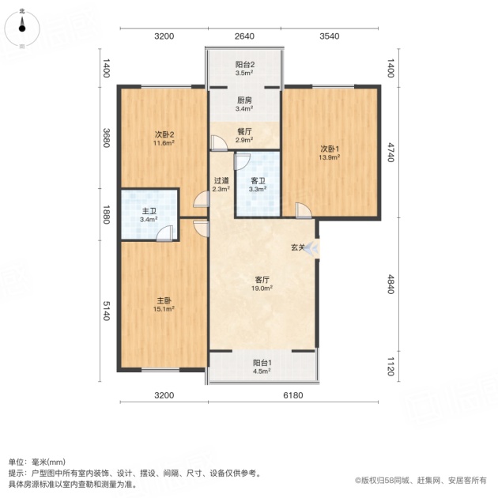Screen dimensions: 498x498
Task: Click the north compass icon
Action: coord(22,28)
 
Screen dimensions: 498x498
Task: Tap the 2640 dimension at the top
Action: coord(244,36)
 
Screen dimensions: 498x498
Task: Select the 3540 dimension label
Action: coord(330,36)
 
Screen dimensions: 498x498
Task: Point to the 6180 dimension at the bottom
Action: coord(293,395)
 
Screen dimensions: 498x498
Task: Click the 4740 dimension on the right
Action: coord(390,153)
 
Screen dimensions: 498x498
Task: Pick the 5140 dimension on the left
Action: coord(107,311)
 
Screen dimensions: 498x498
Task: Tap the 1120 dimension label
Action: coord(390,367)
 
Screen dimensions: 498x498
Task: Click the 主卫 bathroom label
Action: coord(149,211)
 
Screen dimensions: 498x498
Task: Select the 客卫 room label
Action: coord(258,181)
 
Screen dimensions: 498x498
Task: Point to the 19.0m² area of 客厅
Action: coord(263,289)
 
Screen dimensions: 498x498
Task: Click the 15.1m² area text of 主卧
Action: coord(164,309)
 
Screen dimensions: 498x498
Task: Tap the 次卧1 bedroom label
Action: coord(330,149)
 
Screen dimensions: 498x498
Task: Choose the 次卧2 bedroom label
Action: coord(164,134)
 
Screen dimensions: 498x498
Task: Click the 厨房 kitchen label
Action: coord(244,100)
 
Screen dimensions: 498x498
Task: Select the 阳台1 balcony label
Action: coord(262,363)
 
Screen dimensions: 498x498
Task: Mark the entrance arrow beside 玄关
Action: coord(311,248)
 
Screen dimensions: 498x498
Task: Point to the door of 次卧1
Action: coord(304,210)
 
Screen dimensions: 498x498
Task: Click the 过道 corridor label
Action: coord(221,181)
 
